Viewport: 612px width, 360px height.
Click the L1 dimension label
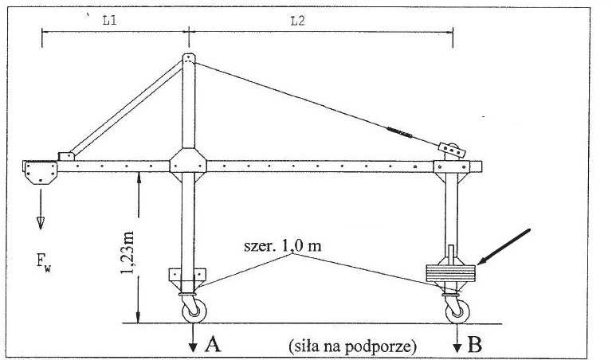click(x=110, y=20)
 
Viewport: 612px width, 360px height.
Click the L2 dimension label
click(x=297, y=21)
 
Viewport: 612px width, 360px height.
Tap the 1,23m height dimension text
click(x=127, y=252)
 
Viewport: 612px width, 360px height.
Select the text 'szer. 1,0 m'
click(x=283, y=246)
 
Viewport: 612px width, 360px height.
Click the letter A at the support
click(x=213, y=343)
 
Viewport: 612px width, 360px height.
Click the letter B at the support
click(x=474, y=344)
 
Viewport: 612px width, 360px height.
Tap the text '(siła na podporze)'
click(x=353, y=346)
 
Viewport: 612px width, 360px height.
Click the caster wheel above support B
click(x=457, y=311)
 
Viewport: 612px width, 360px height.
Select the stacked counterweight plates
click(x=451, y=272)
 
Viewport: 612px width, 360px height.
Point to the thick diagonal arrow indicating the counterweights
click(x=504, y=246)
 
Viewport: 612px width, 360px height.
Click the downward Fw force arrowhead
click(x=41, y=223)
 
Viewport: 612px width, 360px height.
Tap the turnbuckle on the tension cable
click(x=399, y=132)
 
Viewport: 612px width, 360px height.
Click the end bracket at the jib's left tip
click(x=40, y=172)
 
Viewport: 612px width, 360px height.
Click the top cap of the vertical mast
click(x=189, y=57)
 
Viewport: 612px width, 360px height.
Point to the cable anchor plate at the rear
click(x=452, y=150)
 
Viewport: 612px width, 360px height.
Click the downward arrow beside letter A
click(x=193, y=338)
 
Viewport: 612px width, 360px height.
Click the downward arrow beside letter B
click(x=457, y=338)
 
